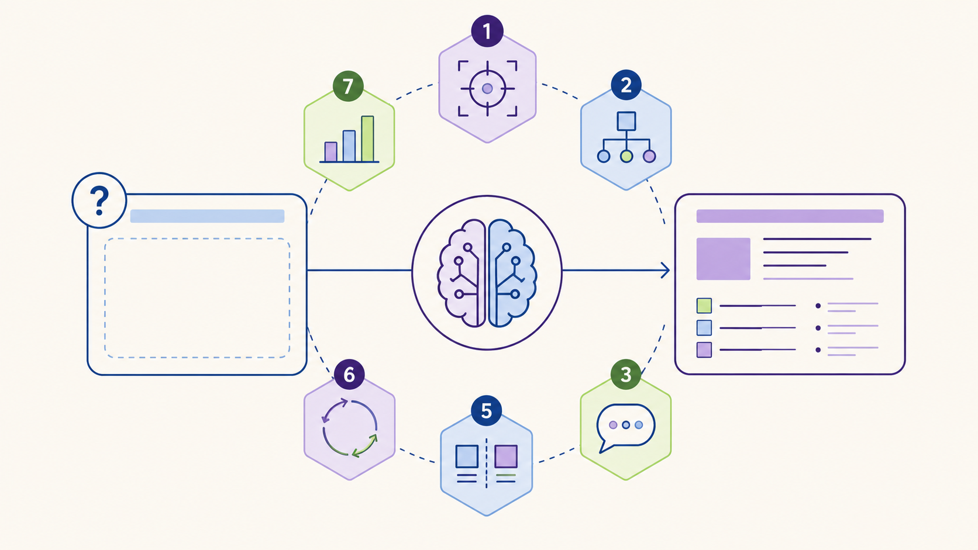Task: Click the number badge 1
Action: (487, 31)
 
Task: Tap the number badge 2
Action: (626, 85)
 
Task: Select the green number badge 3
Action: (626, 374)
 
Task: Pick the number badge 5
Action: (487, 411)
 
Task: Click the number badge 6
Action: (349, 374)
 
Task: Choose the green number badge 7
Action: (348, 86)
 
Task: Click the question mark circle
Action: (99, 200)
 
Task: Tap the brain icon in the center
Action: (487, 273)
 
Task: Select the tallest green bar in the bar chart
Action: (367, 139)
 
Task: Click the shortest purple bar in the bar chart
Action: (331, 152)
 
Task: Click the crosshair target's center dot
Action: (487, 88)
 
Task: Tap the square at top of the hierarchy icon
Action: (626, 121)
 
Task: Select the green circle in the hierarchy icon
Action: (626, 156)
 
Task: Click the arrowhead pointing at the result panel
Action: (666, 271)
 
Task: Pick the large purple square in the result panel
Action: (723, 259)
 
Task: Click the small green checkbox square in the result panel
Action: (704, 306)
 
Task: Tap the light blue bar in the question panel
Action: (208, 216)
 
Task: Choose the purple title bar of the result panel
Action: (790, 216)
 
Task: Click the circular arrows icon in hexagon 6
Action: (349, 427)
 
